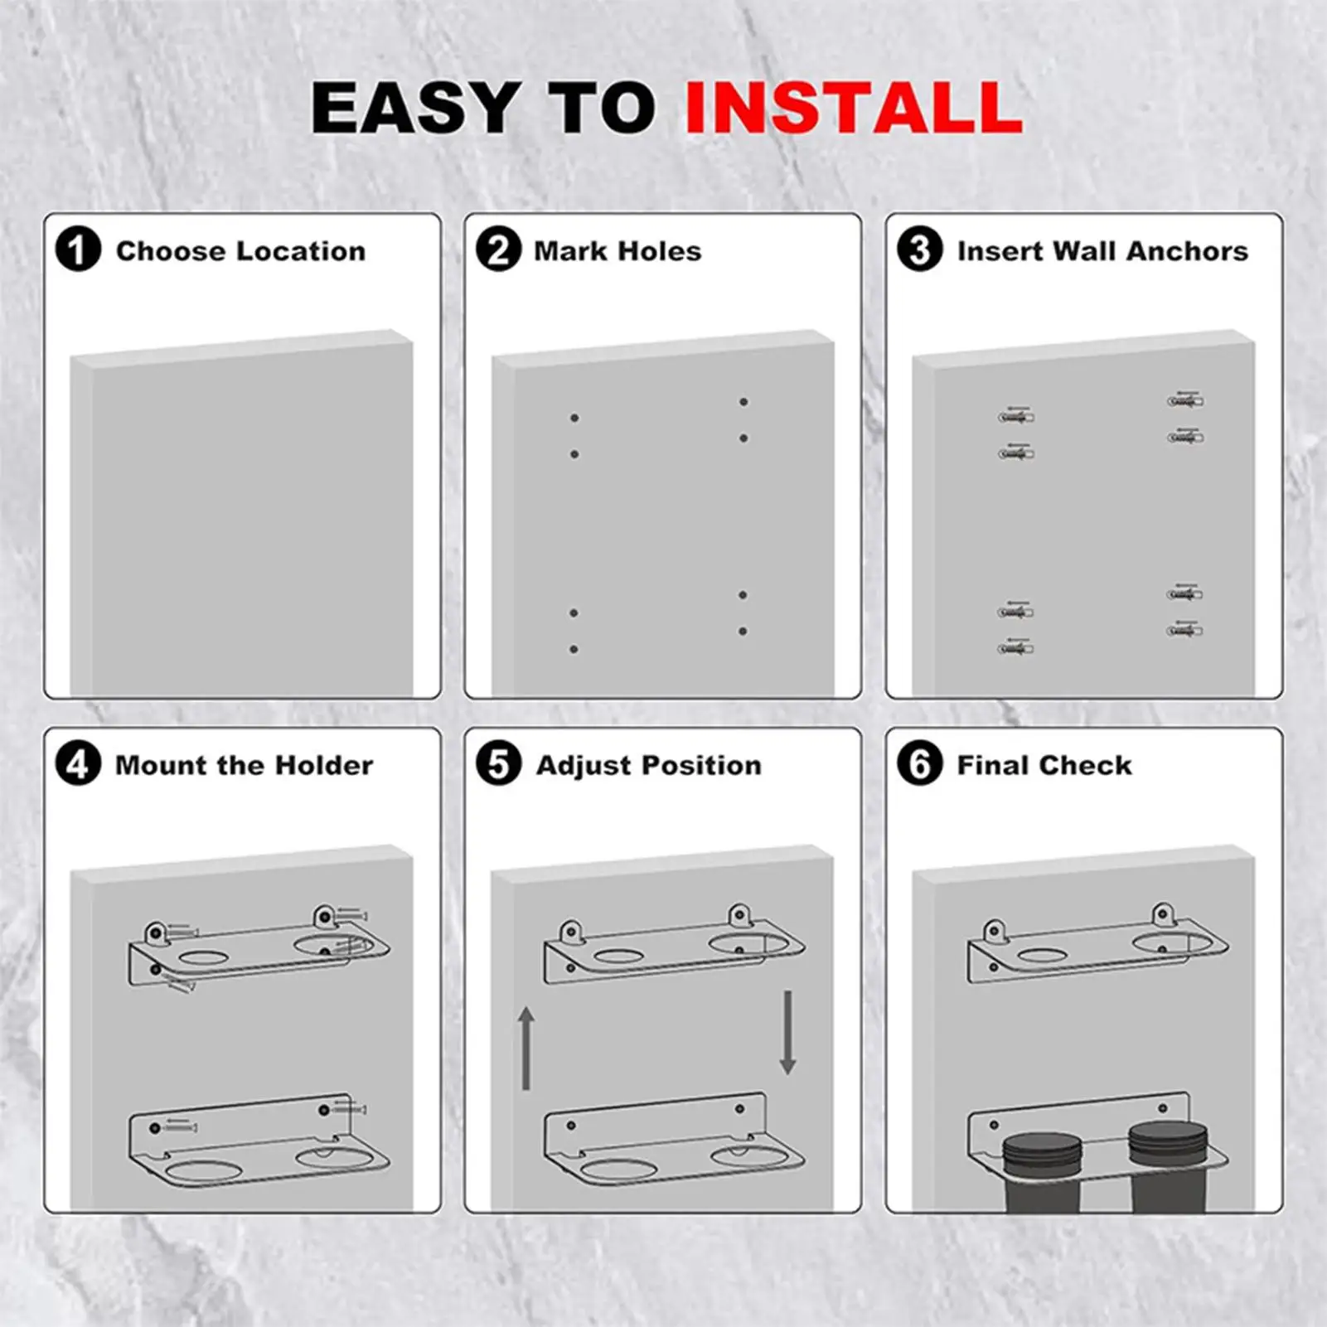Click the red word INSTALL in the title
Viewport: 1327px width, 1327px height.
[x=854, y=108]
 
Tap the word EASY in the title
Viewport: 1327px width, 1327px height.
[x=414, y=108]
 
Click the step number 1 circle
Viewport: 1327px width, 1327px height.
[x=78, y=249]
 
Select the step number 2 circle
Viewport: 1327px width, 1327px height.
[x=499, y=249]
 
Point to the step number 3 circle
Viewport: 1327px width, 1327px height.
[x=920, y=249]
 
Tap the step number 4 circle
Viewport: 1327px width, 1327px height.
[x=78, y=764]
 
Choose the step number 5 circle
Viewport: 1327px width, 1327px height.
[x=499, y=764]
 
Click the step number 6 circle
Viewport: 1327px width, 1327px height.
[x=920, y=764]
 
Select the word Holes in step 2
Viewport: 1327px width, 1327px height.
[x=662, y=251]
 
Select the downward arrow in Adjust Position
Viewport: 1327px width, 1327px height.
[x=787, y=1032]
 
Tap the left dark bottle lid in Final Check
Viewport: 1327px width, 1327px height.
[x=1041, y=1150]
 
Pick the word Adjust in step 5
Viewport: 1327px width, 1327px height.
[x=571, y=765]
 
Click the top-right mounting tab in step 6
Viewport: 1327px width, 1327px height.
[x=1164, y=915]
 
